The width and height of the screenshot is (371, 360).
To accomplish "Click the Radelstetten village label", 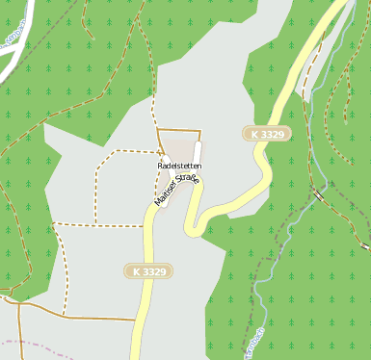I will tap(179, 166).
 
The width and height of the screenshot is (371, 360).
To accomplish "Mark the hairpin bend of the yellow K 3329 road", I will tap(193, 229).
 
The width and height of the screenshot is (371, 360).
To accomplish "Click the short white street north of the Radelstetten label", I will tap(197, 153).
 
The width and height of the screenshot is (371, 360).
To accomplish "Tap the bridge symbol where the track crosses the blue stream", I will tap(317, 194).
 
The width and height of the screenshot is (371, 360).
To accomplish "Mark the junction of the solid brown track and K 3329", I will tap(138, 319).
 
